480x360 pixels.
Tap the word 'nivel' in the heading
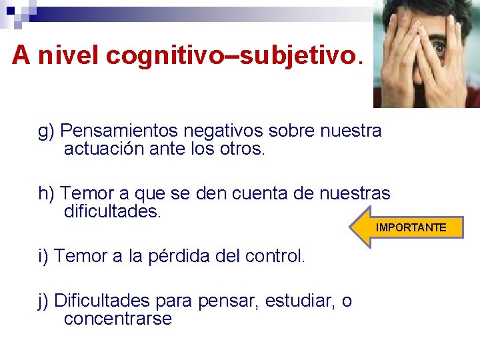pyautogui.click(x=69, y=56)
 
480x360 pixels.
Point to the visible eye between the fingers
pyautogui.click(x=439, y=49)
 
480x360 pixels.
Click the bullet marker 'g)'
pyautogui.click(x=46, y=131)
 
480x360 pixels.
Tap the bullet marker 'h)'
pyautogui.click(x=46, y=194)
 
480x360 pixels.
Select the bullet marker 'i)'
pyautogui.click(x=43, y=256)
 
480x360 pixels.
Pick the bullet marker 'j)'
pyautogui.click(x=43, y=301)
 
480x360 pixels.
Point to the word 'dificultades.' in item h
pyautogui.click(x=113, y=212)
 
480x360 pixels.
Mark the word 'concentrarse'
pyautogui.click(x=117, y=319)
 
